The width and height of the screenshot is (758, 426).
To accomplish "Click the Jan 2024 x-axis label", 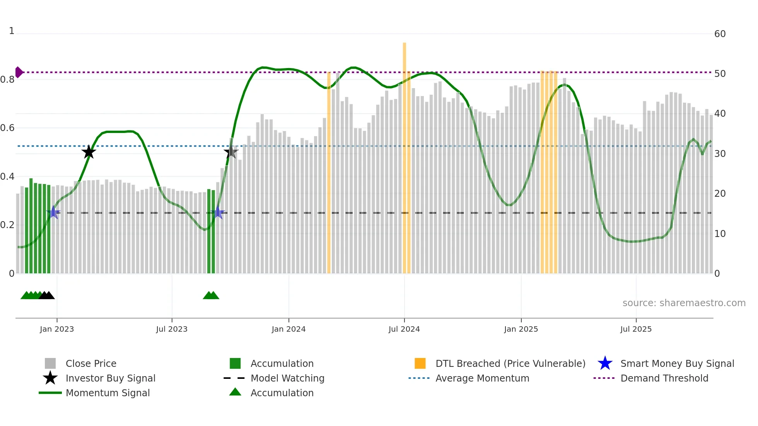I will click(x=289, y=329).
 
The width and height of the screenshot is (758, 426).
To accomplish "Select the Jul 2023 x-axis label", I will click(x=172, y=329).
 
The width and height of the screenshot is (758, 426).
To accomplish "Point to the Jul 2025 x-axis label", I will click(x=636, y=329).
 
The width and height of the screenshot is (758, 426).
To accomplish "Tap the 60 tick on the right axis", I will click(x=720, y=34).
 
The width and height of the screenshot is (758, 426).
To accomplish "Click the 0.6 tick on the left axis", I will click(x=7, y=128).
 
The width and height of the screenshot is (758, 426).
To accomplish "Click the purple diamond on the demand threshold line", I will click(x=19, y=72).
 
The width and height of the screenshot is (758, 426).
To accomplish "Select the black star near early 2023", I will click(x=89, y=152).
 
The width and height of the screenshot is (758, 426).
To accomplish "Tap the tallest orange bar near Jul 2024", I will click(x=405, y=155).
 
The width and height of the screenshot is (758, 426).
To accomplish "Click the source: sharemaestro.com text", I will click(x=684, y=303).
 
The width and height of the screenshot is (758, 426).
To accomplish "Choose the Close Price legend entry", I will click(x=91, y=363).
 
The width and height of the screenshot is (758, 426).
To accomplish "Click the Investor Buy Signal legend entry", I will click(x=110, y=378).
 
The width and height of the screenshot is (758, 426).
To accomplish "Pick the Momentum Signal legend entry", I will click(x=108, y=393).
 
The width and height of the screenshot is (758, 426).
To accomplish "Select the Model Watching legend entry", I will click(x=287, y=378).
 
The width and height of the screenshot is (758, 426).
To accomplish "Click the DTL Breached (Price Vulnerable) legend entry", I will click(x=510, y=363).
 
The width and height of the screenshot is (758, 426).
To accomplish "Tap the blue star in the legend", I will click(x=605, y=363).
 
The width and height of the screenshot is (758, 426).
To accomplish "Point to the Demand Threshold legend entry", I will click(x=664, y=378).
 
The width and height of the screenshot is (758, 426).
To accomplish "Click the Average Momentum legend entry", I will click(x=482, y=378).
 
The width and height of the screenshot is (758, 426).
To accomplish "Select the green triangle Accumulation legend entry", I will click(x=282, y=393).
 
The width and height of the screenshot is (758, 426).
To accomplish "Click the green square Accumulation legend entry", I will click(x=282, y=363).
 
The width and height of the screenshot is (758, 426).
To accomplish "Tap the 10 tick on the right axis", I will click(x=720, y=234).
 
